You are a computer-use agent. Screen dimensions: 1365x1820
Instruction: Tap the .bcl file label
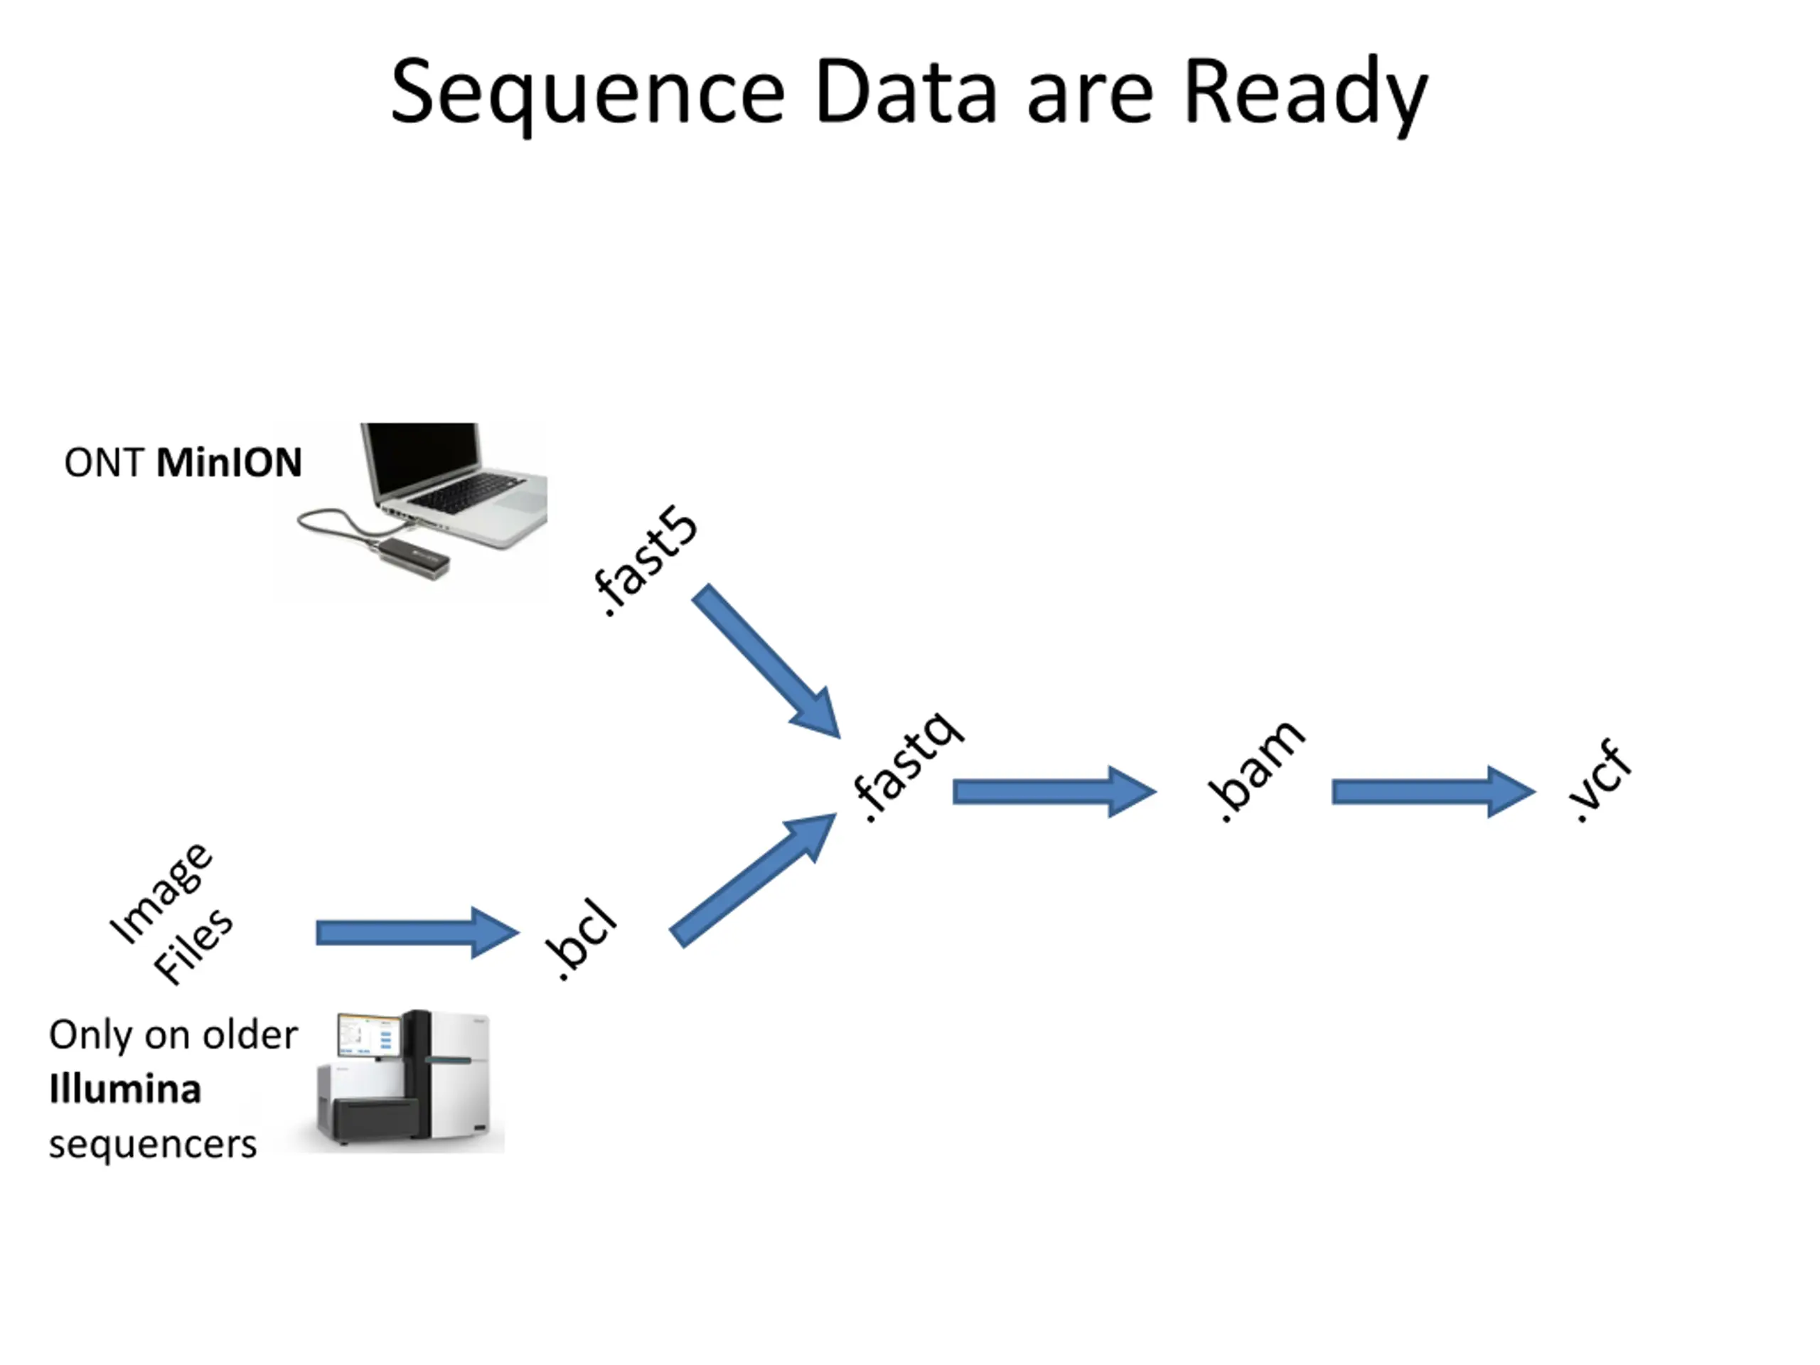coord(581,940)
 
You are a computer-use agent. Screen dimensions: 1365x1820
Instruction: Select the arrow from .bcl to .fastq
coord(753,879)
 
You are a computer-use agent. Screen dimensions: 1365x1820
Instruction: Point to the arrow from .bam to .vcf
coord(1433,791)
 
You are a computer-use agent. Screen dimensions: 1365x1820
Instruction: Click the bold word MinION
coord(230,462)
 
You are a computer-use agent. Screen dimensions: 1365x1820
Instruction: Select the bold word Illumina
coord(125,1089)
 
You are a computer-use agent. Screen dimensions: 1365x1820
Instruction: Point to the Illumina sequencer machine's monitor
coord(368,1035)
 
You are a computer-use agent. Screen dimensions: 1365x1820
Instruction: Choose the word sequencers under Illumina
coord(153,1145)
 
